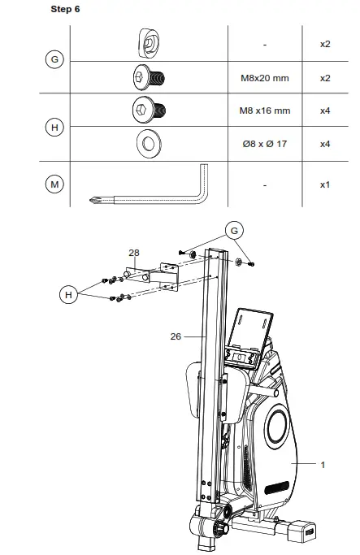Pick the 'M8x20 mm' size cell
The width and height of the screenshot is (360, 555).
[x=265, y=80]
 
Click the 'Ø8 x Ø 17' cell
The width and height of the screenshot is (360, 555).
[x=265, y=144]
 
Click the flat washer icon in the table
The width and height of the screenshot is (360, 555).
[x=149, y=144]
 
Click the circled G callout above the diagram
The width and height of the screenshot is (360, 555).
[x=235, y=232]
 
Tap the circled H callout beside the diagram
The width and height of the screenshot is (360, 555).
[x=70, y=294]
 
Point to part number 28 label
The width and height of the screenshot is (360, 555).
[x=134, y=253]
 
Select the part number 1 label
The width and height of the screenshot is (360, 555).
[x=323, y=464]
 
